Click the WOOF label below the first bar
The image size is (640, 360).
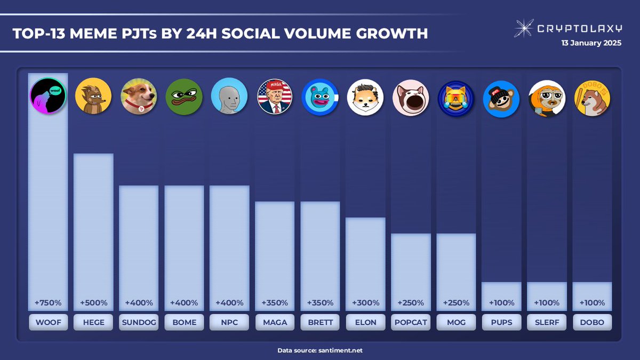(x=48, y=322)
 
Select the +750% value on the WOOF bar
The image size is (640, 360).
(x=48, y=303)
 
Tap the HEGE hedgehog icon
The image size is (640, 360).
(x=93, y=97)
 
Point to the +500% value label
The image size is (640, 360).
(x=93, y=303)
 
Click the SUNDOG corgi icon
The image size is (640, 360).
(x=139, y=97)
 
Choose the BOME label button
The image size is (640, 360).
(x=184, y=322)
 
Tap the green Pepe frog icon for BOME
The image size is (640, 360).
(x=184, y=97)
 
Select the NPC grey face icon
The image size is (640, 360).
(x=229, y=97)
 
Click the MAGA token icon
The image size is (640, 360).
(x=275, y=97)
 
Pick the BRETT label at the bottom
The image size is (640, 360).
(x=320, y=322)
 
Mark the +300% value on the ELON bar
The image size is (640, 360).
(x=365, y=303)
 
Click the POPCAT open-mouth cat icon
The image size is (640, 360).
(x=411, y=97)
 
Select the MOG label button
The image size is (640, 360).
(x=456, y=322)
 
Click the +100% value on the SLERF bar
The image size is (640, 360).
(x=547, y=303)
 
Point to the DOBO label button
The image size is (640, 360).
(x=592, y=322)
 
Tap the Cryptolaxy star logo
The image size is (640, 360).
(x=524, y=28)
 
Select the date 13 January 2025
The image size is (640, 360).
(x=591, y=44)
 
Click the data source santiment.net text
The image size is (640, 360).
(x=320, y=350)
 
